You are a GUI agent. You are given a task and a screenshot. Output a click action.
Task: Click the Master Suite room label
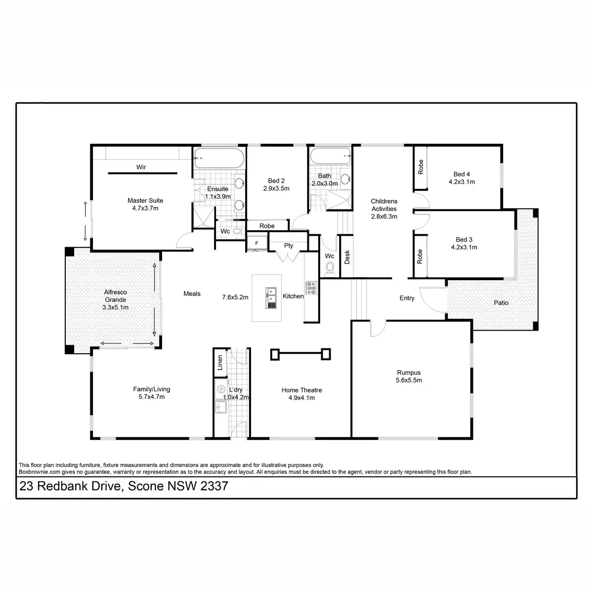(x=145, y=200)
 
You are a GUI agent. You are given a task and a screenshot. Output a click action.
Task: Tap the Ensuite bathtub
(x=219, y=158)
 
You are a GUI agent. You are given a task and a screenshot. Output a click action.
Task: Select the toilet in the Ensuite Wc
(x=237, y=231)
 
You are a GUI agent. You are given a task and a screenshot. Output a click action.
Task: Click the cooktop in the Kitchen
(x=311, y=288)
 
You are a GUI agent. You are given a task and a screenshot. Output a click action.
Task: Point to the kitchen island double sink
(x=271, y=298)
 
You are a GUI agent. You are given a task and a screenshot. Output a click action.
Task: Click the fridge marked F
(x=256, y=243)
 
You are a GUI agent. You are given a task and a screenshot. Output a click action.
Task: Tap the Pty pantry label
(x=288, y=246)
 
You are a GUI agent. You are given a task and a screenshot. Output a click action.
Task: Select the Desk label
(x=347, y=256)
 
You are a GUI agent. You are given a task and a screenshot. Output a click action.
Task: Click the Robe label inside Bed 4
(x=421, y=167)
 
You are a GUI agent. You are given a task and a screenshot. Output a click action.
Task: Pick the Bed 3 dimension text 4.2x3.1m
(x=464, y=247)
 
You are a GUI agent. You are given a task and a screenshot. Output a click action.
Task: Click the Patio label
(x=501, y=303)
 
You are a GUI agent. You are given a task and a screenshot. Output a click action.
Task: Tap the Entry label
(x=407, y=298)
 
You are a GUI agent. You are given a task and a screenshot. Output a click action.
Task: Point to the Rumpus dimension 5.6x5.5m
(x=409, y=380)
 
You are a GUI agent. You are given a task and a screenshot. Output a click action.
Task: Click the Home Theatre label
(x=301, y=390)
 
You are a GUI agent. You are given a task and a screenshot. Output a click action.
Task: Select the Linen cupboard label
(x=220, y=363)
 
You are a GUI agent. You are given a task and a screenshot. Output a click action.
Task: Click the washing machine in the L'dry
(x=221, y=389)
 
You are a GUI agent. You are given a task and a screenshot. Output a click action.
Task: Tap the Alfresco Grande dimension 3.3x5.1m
(x=116, y=307)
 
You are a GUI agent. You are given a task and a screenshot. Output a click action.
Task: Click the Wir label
(x=141, y=167)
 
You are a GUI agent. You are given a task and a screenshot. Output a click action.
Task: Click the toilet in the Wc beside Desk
(x=330, y=268)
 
